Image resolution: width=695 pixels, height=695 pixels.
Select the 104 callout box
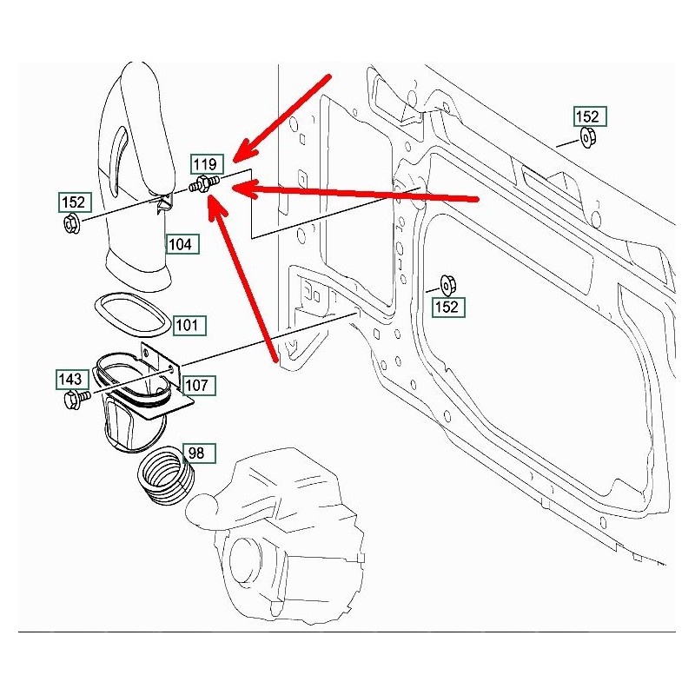pos(182,244)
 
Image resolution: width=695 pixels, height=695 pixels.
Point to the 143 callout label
pos(71,379)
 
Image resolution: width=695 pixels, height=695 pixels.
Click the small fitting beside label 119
pos(205,184)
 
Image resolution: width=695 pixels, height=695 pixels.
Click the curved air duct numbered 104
pos(139,174)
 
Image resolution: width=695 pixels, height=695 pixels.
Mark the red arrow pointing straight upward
pos(248,278)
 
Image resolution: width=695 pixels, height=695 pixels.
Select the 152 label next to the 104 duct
pos(73,202)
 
